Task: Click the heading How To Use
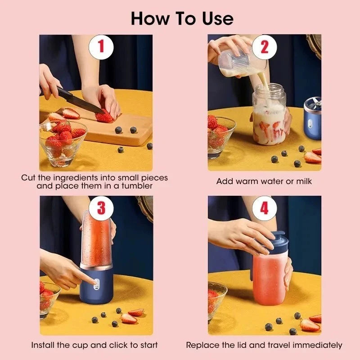tap(182, 18)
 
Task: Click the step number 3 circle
tap(101, 208)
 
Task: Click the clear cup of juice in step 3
tap(96, 238)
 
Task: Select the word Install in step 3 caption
tap(43, 345)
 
